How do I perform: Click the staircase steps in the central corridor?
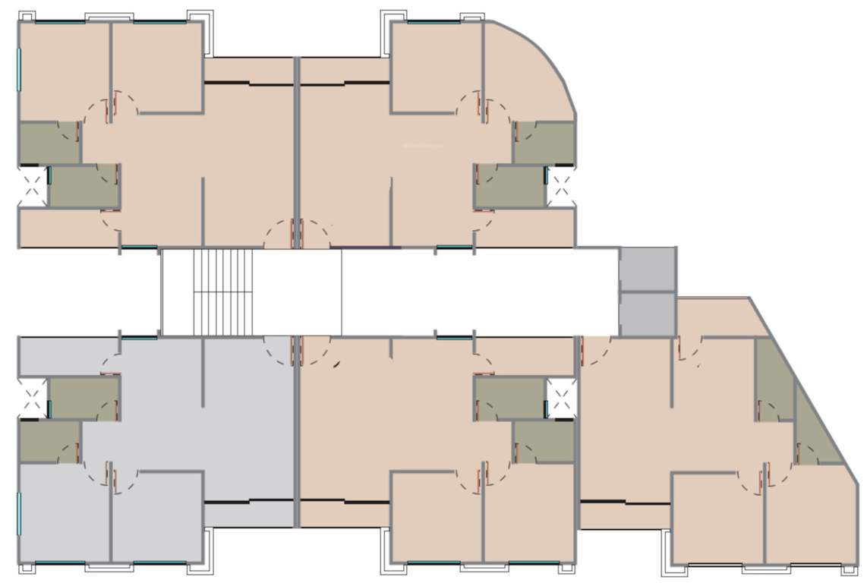click(222, 291)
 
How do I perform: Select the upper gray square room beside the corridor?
click(648, 269)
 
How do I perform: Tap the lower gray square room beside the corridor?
click(648, 314)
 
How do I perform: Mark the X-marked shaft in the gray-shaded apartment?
click(33, 399)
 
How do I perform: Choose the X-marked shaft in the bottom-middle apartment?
click(561, 399)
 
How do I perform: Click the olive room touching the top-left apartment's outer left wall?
click(49, 142)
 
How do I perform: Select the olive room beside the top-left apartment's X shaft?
click(84, 186)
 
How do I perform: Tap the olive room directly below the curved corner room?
click(544, 142)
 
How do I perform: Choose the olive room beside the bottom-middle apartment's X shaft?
click(510, 399)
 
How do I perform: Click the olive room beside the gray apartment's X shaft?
click(84, 399)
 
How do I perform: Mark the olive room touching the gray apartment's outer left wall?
click(49, 442)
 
